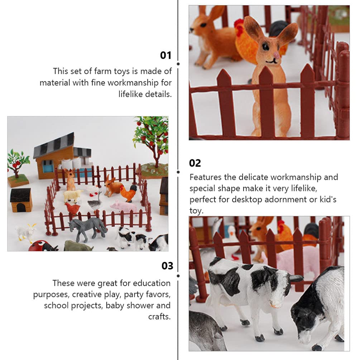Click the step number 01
pyautogui.click(x=165, y=56)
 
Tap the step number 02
pyautogui.click(x=195, y=163)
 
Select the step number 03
pyautogui.click(x=167, y=266)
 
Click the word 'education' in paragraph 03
pyautogui.click(x=152, y=283)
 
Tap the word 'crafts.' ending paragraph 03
pyautogui.click(x=159, y=317)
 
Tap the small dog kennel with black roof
pyautogui.click(x=21, y=200)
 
